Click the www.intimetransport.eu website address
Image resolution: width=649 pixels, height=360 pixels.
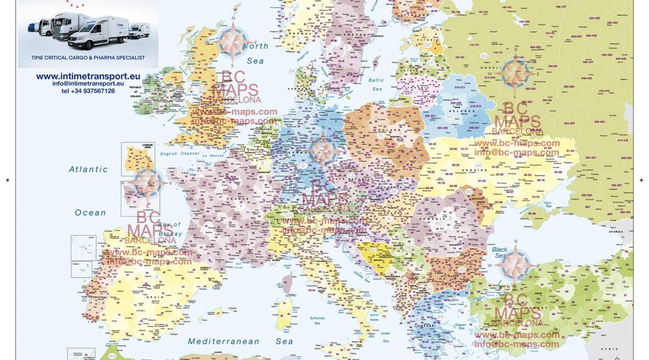pos(88,76)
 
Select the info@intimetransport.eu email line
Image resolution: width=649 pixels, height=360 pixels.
pos(88,84)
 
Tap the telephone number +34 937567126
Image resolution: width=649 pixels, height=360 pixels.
pos(88,91)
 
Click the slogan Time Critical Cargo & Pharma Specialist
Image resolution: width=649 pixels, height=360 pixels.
pos(88,57)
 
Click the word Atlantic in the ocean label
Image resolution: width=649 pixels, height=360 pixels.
pos(88,169)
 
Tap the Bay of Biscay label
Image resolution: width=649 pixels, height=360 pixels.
pos(169,229)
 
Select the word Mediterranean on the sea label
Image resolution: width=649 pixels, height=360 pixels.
pos(223,342)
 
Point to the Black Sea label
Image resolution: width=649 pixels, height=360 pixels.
pos(500,252)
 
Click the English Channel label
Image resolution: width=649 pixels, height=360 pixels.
pos(178,154)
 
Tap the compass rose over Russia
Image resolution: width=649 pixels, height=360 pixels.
pos(515,74)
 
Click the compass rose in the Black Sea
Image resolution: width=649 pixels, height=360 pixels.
pos(515,262)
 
